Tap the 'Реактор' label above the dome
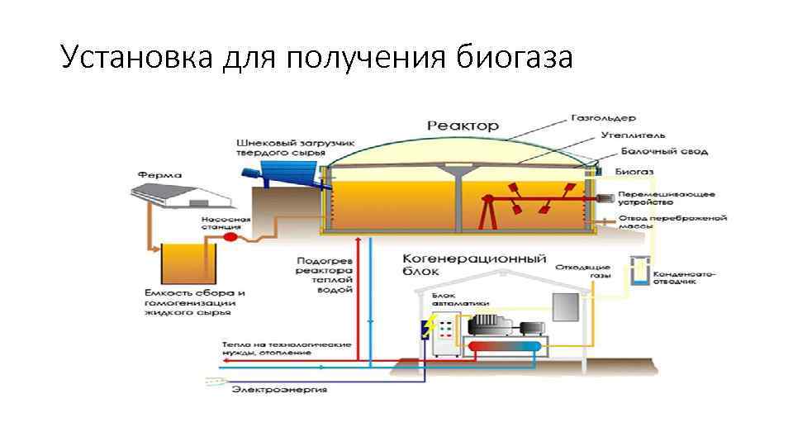coord(463,126)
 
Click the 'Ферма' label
coord(161,175)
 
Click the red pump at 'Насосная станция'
coord(230,237)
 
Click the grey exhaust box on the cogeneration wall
coord(565,307)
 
